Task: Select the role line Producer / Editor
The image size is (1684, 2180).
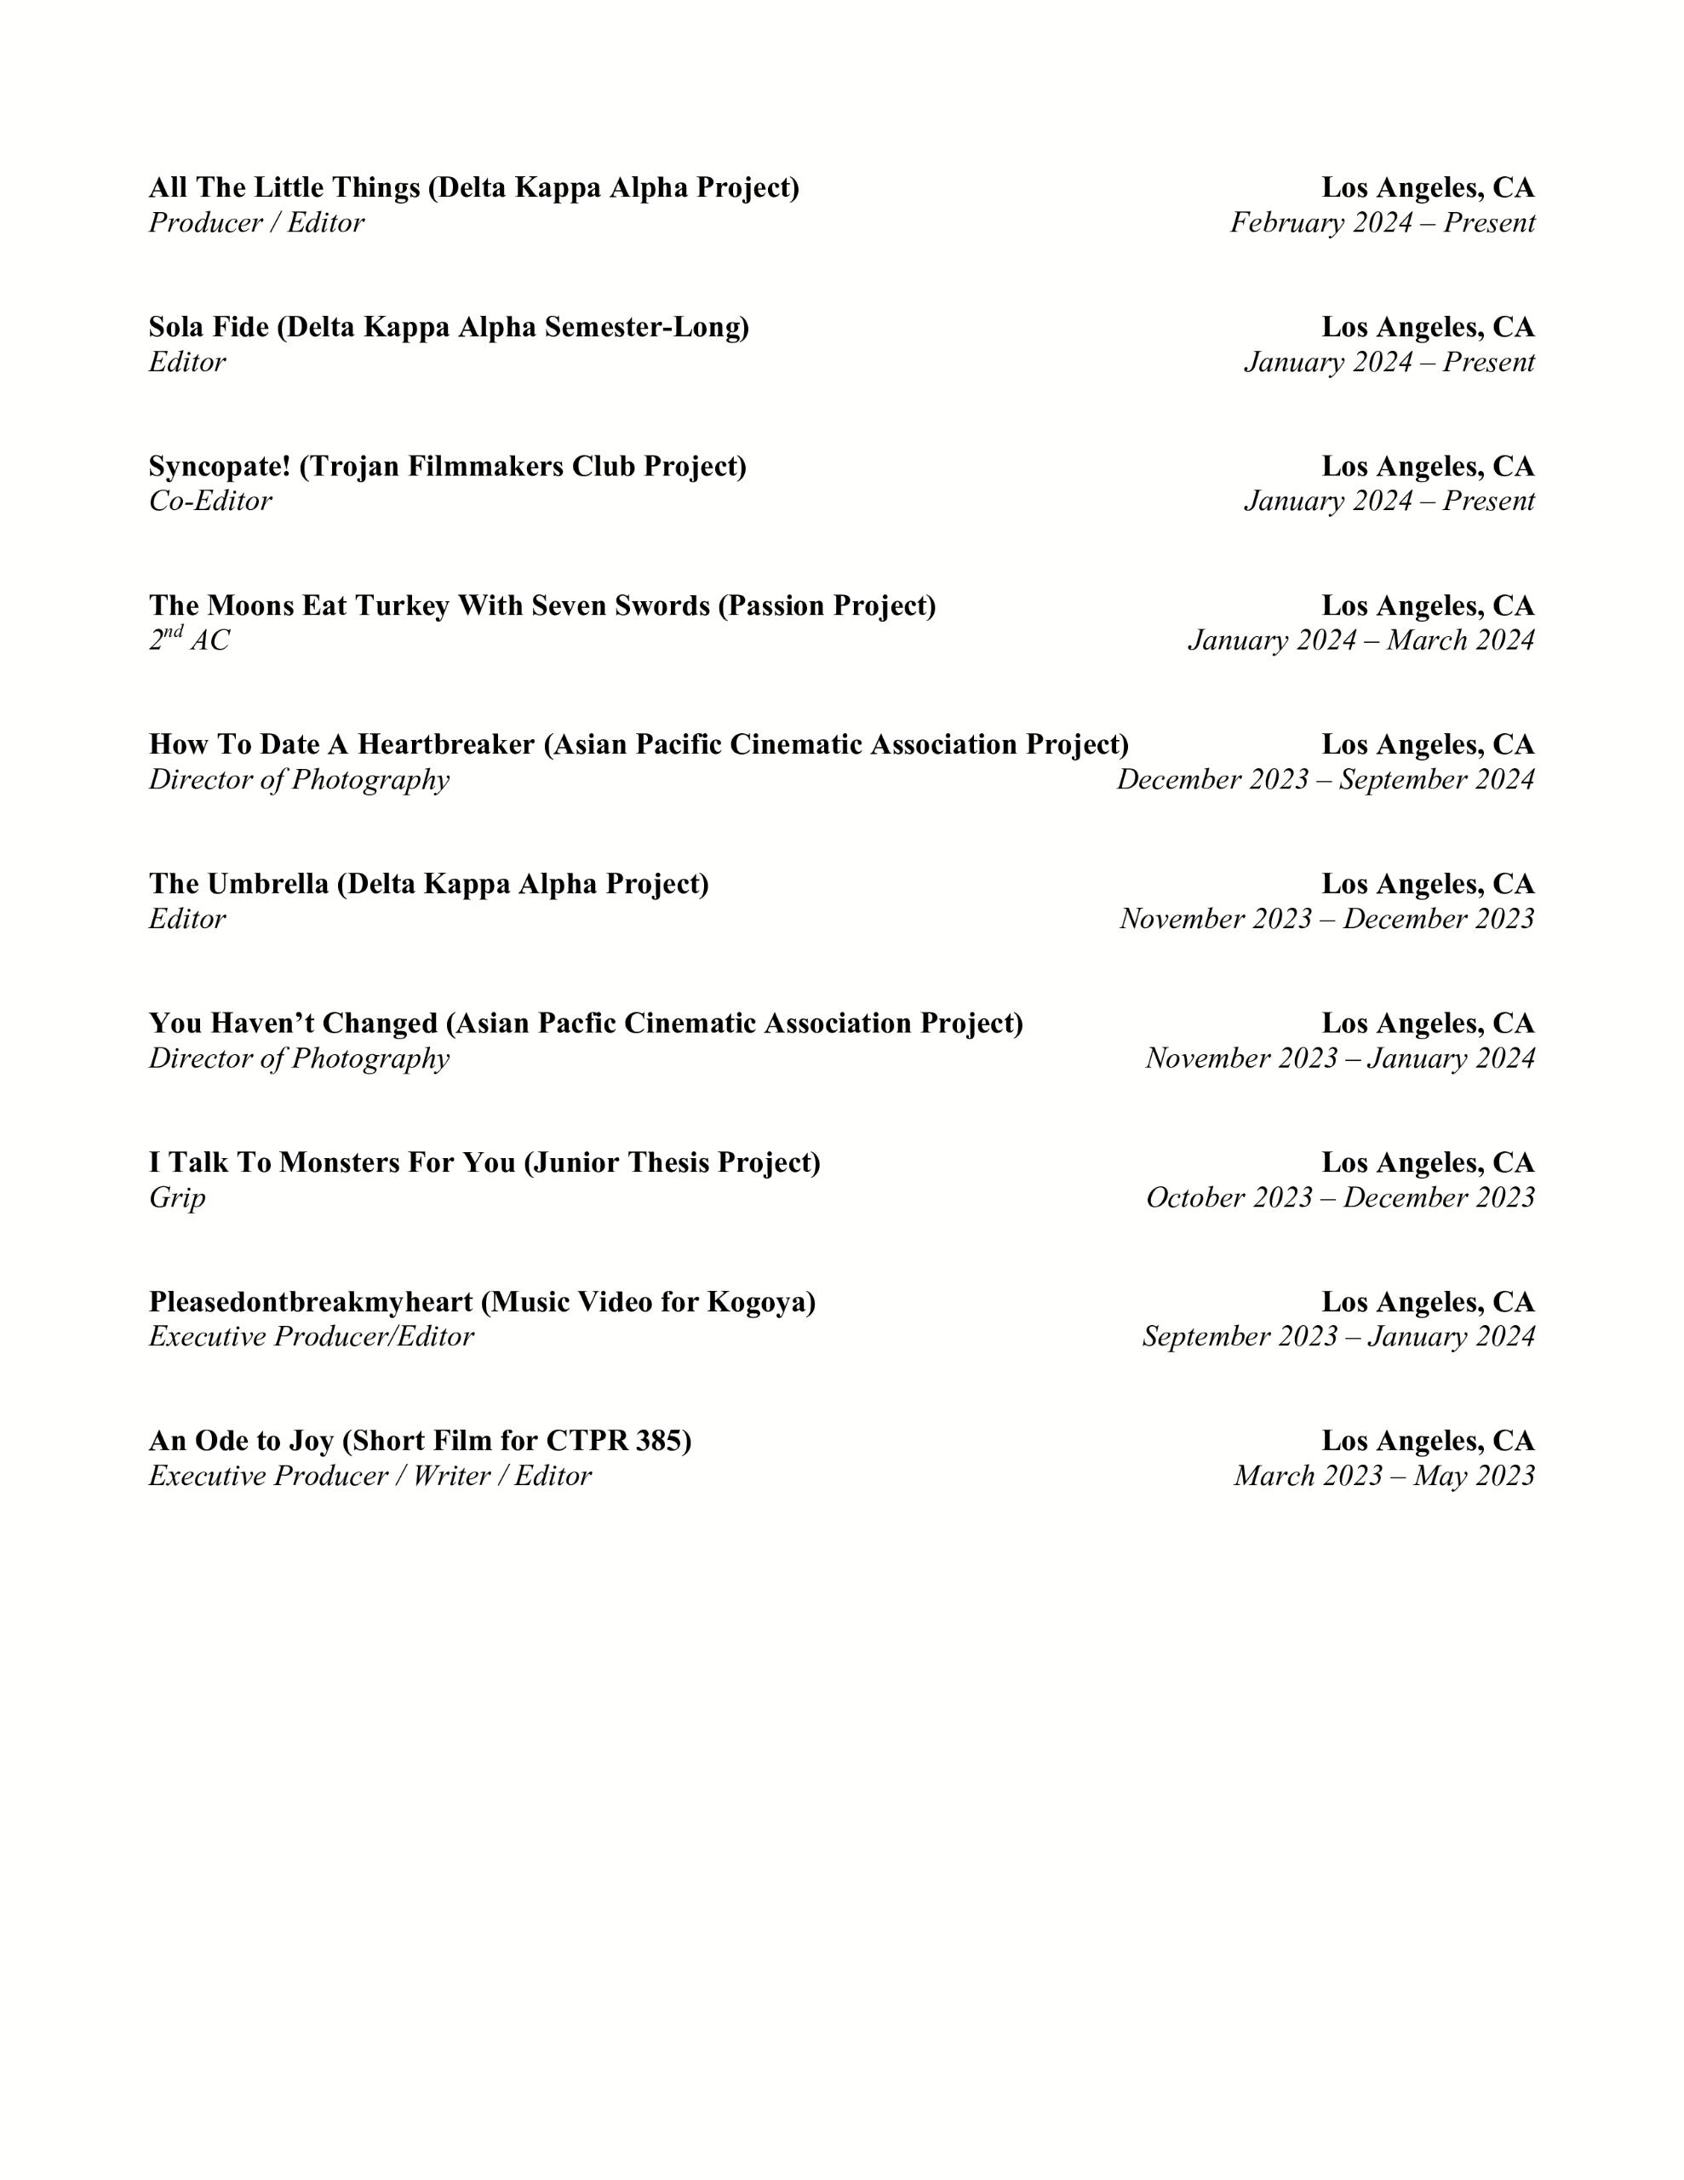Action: (256, 222)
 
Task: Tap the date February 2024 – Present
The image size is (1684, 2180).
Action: (1382, 222)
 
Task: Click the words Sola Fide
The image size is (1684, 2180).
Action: (209, 327)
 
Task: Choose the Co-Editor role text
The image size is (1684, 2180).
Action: (209, 501)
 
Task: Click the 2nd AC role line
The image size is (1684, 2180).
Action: (189, 640)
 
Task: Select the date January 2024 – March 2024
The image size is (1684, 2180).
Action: (1360, 640)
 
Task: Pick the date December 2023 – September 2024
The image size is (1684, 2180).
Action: (1325, 779)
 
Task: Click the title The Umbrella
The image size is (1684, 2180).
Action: (238, 885)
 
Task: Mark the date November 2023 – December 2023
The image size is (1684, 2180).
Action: (1326, 918)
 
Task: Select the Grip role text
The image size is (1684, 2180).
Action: (178, 1198)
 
